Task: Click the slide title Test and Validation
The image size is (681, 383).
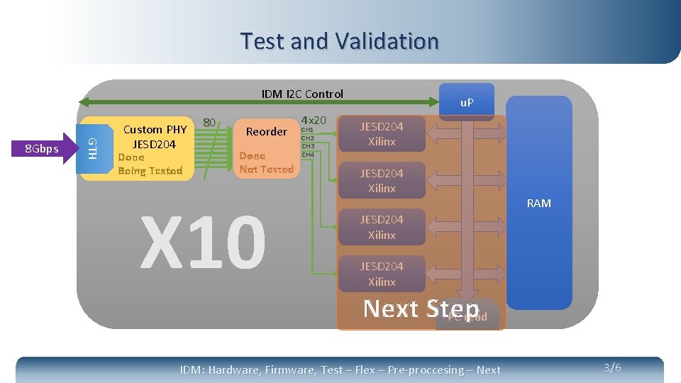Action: [x=339, y=41]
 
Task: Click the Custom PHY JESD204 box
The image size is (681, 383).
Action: [x=155, y=137]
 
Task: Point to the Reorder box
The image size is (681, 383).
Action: [x=266, y=132]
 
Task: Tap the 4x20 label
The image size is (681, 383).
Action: [x=314, y=120]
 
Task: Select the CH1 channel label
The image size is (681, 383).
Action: [x=307, y=130]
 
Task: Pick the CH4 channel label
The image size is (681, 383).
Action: [x=307, y=155]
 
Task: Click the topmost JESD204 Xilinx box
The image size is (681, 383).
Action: [x=381, y=134]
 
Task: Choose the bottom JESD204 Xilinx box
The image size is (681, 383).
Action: [x=381, y=274]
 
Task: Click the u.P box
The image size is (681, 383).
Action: [x=467, y=103]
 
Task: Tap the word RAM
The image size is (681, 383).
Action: [x=538, y=204]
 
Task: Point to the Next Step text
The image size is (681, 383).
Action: [x=421, y=309]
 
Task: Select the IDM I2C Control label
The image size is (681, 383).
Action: [x=302, y=94]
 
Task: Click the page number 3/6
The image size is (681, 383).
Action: [x=612, y=367]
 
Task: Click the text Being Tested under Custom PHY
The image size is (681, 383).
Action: [x=150, y=170]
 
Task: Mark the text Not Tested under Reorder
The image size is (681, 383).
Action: [x=266, y=169]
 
